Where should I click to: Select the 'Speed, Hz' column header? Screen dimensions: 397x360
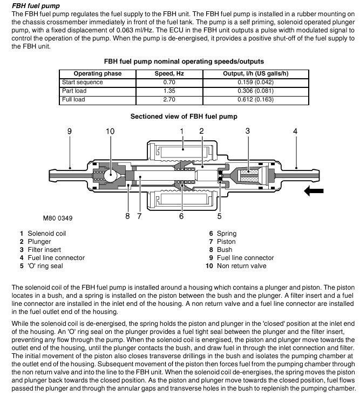tap(165, 73)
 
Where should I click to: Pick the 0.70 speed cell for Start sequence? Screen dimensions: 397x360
tap(165, 82)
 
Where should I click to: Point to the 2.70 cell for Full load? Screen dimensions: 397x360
tap(165, 99)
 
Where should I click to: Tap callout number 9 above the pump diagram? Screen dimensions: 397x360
tap(70, 131)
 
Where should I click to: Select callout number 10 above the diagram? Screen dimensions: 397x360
tap(110, 131)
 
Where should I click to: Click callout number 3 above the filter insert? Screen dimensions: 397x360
tap(247, 131)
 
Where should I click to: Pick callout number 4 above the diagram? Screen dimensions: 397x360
tap(295, 131)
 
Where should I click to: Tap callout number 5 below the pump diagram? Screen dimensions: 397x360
tap(219, 216)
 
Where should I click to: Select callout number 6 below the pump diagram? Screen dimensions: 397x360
tap(181, 216)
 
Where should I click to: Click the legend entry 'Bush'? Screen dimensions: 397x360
tap(225, 250)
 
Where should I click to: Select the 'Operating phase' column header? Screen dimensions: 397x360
tap(98, 73)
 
